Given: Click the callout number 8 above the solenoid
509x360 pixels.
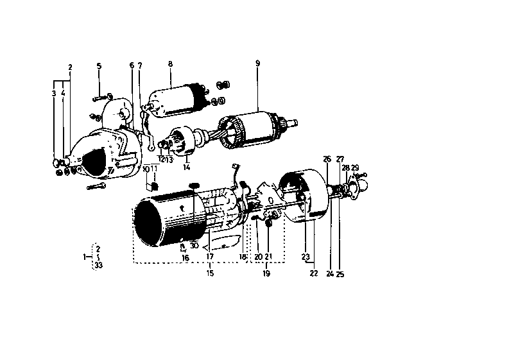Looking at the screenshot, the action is (170, 64).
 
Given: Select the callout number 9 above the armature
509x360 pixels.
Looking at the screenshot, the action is (257, 64).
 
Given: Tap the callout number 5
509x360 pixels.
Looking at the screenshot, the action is (99, 66).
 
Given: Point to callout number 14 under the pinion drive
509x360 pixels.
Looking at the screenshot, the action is (186, 167).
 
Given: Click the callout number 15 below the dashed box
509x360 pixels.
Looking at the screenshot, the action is (210, 273).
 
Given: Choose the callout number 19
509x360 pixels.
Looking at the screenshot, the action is (266, 273).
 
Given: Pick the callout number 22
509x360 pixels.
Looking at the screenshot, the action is (314, 273).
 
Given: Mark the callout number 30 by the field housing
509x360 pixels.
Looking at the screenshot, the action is (194, 244).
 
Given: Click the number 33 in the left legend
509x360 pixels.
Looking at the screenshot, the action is (98, 265).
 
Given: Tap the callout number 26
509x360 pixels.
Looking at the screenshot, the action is (327, 159).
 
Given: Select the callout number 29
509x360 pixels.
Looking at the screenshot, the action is (355, 167).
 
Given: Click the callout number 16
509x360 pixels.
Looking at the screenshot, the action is (185, 257).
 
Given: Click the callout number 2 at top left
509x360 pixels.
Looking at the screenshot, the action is (70, 67).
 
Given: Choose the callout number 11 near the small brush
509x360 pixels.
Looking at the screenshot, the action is (154, 168).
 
